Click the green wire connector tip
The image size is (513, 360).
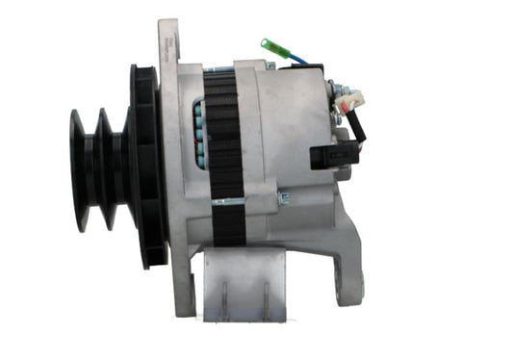pos(270,44)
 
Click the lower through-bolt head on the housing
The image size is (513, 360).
pos(282,198)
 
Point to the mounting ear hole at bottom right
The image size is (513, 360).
pos(346,286)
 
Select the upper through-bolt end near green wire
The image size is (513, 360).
pos(271,65)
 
